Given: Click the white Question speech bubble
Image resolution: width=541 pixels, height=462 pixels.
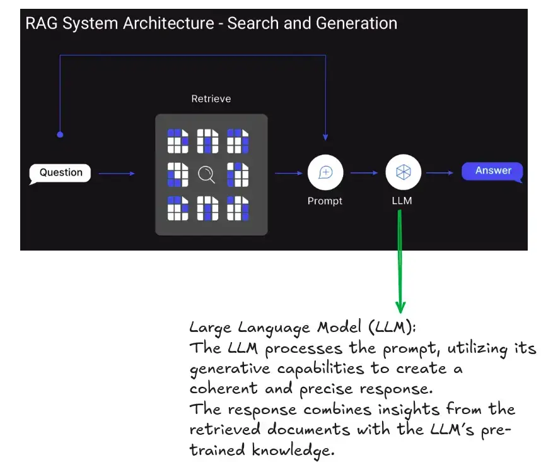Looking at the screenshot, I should click(x=61, y=173).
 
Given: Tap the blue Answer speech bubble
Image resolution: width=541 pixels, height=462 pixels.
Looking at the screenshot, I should click(x=493, y=171).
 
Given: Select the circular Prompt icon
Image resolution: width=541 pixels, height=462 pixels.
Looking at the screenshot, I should click(x=325, y=172).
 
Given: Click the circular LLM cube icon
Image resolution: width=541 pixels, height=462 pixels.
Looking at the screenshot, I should click(x=403, y=172).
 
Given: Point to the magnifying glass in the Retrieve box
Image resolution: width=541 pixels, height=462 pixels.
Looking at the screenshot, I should click(x=207, y=174).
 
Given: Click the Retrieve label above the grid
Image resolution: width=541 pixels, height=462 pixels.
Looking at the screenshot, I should click(x=211, y=99).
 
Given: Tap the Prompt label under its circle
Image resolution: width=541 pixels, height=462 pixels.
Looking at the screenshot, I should click(x=325, y=201).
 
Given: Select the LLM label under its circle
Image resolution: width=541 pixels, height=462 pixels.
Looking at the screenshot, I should click(x=403, y=201).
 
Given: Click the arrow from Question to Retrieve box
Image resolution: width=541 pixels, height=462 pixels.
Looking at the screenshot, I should click(x=117, y=174).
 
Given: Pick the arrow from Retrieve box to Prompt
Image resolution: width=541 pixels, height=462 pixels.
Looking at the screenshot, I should click(x=289, y=173).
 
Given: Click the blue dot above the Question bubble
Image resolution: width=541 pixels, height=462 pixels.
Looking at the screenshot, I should click(x=60, y=134).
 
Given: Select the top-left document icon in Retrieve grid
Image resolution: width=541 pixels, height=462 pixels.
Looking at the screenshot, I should click(x=178, y=141).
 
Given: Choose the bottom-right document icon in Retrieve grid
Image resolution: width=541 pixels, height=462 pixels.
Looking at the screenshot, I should click(x=238, y=208).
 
